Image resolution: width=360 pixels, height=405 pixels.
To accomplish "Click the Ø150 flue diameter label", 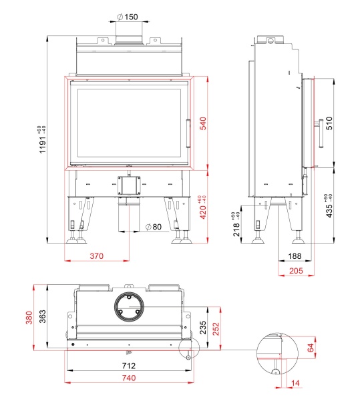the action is click(x=128, y=17).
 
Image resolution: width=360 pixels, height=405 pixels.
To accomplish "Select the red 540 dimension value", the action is click(x=203, y=123).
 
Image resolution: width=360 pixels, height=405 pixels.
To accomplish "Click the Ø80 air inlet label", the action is click(x=154, y=227).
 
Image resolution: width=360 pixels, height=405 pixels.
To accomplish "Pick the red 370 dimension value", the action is click(x=96, y=256).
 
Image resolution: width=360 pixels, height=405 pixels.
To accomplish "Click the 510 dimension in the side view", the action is click(x=329, y=123).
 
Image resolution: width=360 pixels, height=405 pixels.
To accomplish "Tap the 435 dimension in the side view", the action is click(x=329, y=211).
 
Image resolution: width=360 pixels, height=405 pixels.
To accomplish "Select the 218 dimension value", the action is click(x=236, y=230).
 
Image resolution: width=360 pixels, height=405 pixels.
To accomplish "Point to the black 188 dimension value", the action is click(x=295, y=256).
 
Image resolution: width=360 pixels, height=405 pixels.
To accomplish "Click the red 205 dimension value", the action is click(x=296, y=271).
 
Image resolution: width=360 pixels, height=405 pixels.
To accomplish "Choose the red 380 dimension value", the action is click(x=29, y=318).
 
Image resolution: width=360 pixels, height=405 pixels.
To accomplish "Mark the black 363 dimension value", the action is click(x=42, y=316).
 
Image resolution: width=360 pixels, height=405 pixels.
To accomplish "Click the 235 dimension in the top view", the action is click(x=203, y=328).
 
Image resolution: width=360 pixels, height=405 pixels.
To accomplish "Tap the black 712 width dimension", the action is click(x=129, y=366).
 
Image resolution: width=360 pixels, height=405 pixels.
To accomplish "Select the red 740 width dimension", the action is click(x=129, y=378).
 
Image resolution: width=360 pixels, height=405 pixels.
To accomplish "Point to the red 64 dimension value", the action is click(x=310, y=348).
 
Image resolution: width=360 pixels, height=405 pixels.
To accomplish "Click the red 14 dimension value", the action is click(x=295, y=383).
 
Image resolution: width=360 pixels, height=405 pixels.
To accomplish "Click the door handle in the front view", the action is click(x=188, y=133).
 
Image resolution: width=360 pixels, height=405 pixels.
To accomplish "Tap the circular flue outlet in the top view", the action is click(x=129, y=307).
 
